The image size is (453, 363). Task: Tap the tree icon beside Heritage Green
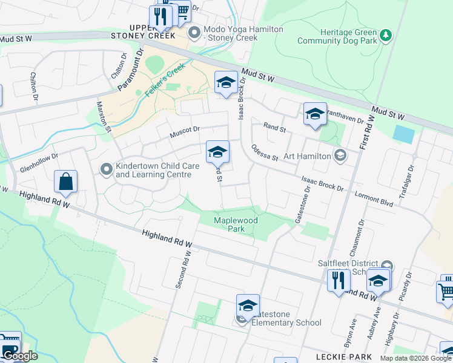pos(385,36)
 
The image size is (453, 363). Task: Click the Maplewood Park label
pos(236,224)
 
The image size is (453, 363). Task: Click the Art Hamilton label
pos(305,155)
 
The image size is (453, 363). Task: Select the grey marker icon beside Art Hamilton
pos(340,155)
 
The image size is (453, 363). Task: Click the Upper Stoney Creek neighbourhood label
pos(143,31)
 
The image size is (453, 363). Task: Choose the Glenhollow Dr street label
pos(38,155)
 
